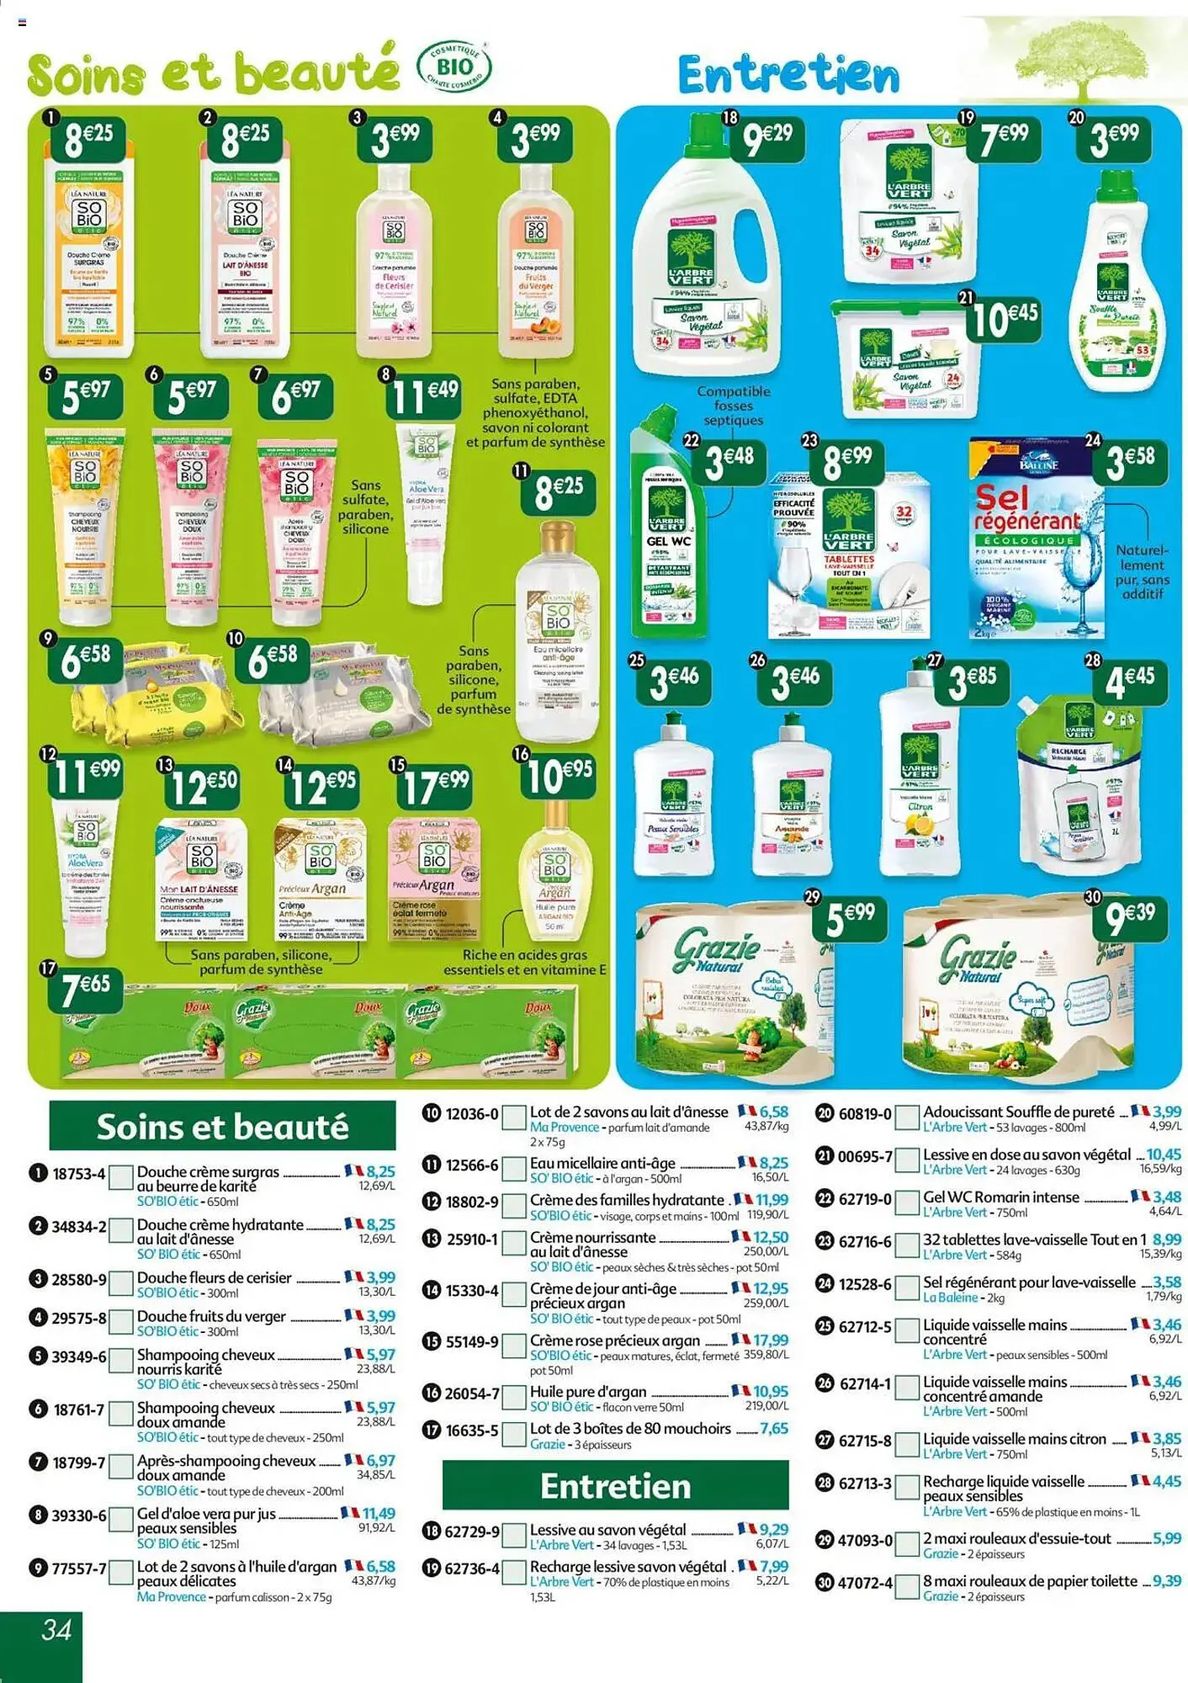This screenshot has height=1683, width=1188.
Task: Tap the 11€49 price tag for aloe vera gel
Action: tap(424, 393)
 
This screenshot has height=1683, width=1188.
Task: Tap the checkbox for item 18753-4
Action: tap(122, 1176)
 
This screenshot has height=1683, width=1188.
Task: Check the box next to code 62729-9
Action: tap(513, 1534)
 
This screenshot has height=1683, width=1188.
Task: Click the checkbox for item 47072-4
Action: tap(906, 1585)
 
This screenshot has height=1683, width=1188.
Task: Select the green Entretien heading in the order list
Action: tap(615, 1486)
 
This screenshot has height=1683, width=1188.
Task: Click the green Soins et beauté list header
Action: tap(222, 1126)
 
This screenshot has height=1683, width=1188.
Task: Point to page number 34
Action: tap(56, 1630)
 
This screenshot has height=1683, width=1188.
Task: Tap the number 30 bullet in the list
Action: tap(825, 1583)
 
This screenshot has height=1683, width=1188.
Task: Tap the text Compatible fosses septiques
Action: tap(733, 406)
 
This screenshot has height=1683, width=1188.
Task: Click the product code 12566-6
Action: tap(470, 1165)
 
